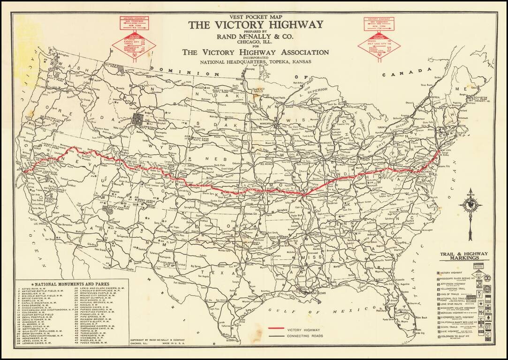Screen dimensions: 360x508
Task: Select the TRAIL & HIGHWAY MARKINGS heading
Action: [463, 256]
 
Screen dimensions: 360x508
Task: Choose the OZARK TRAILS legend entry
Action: [452, 327]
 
